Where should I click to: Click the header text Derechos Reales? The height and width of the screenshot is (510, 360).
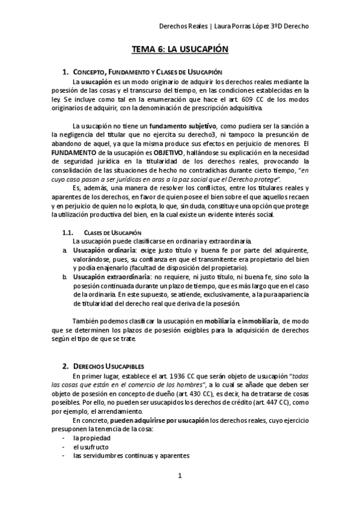click(x=180, y=26)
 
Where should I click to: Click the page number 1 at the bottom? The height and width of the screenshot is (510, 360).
click(x=180, y=477)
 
